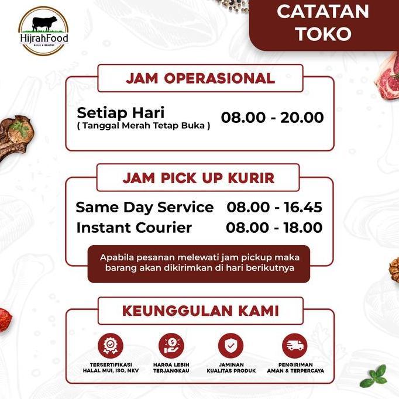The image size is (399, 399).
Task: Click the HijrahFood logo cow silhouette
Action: (x=44, y=24)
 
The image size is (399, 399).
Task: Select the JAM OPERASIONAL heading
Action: (x=200, y=78)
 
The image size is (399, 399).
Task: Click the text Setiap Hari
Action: (x=121, y=112)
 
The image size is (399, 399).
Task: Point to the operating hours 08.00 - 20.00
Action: (x=272, y=118)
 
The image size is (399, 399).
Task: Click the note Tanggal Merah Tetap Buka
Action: (x=143, y=125)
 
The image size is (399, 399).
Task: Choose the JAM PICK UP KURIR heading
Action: (x=198, y=178)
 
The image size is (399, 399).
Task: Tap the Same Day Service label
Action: (x=145, y=207)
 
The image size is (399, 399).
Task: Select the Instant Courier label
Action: (x=134, y=228)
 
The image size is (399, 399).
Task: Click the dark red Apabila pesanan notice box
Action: (x=199, y=263)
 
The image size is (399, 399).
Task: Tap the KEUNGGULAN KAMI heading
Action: (x=200, y=311)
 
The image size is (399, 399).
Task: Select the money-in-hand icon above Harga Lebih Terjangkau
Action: (x=171, y=345)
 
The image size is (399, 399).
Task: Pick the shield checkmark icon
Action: (x=231, y=345)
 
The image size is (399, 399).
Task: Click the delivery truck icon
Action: (x=294, y=345)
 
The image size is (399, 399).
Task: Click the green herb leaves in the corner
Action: (x=374, y=376)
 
